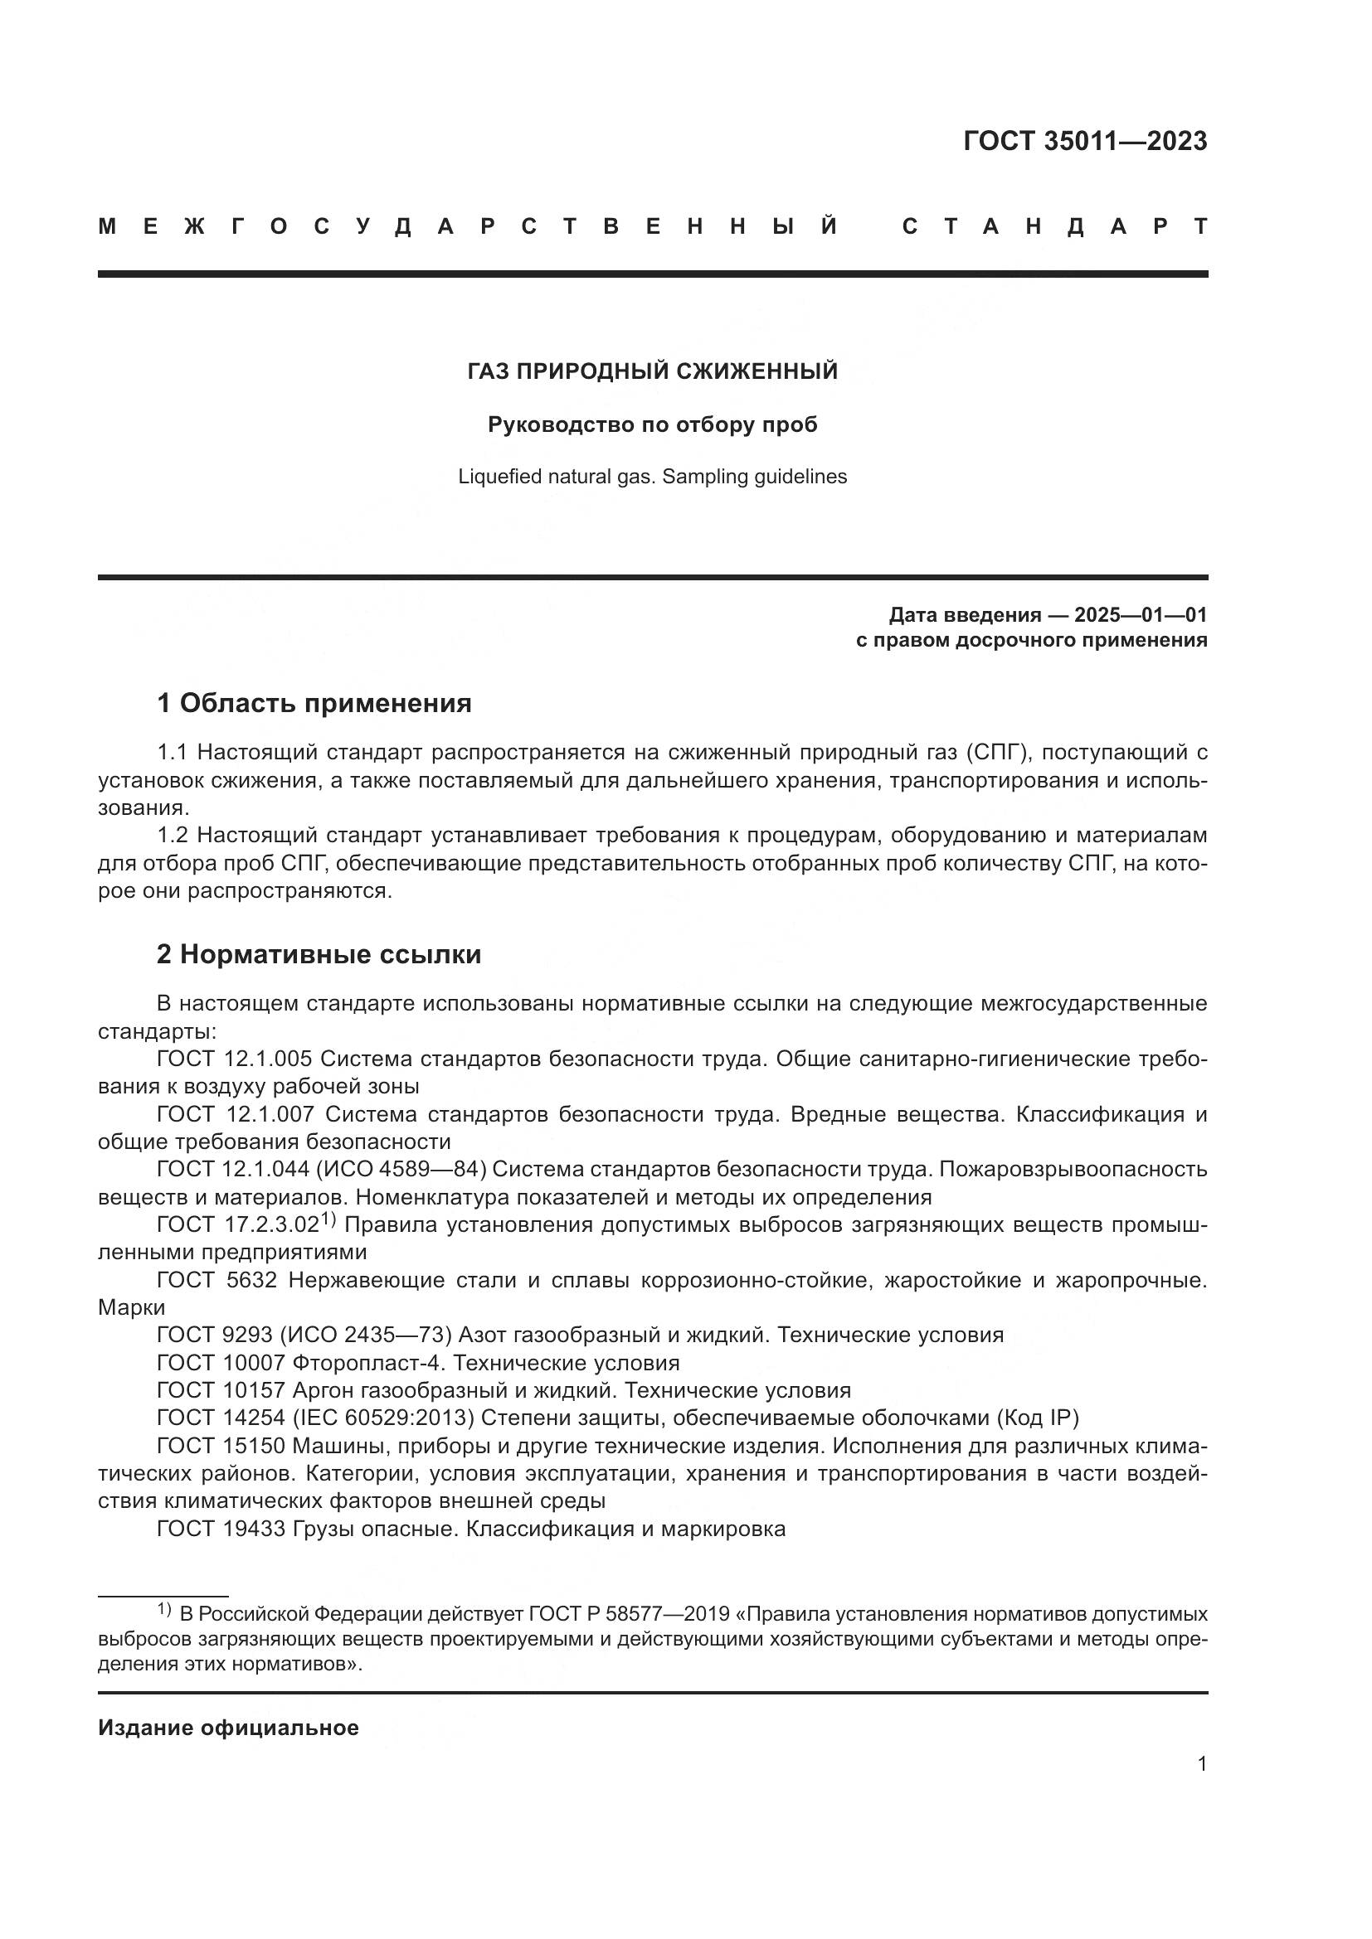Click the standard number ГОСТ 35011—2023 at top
click(1085, 141)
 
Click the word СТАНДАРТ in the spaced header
click(1054, 226)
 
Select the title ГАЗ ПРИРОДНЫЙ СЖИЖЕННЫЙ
click(652, 371)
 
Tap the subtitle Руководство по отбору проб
click(652, 424)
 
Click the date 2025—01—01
click(1141, 615)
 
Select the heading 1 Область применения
click(314, 703)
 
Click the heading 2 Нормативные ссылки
click(319, 954)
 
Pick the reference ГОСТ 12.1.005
click(234, 1059)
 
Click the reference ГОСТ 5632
click(217, 1280)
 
